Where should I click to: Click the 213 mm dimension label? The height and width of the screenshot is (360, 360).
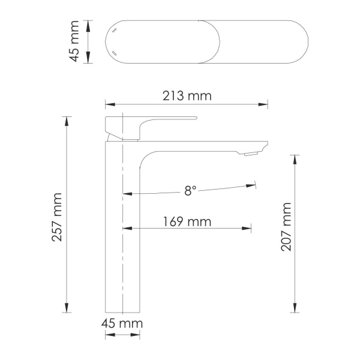[x=187, y=96]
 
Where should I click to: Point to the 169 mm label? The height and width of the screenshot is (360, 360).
[x=187, y=221]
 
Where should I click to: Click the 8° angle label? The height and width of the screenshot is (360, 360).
[x=190, y=191]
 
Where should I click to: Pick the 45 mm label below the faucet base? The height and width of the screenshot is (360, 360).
[x=122, y=323]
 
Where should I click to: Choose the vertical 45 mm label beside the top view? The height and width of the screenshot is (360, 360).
[x=74, y=42]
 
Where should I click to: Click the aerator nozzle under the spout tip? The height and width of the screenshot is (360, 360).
[x=250, y=155]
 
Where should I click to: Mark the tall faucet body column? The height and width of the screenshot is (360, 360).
[x=123, y=240]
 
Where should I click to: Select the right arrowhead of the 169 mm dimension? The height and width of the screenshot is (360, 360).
[x=248, y=228]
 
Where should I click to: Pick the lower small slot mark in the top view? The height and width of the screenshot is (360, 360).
[x=113, y=54]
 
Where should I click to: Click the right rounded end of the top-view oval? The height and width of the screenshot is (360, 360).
[x=303, y=42]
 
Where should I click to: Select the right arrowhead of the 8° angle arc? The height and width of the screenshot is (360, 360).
[x=253, y=185]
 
